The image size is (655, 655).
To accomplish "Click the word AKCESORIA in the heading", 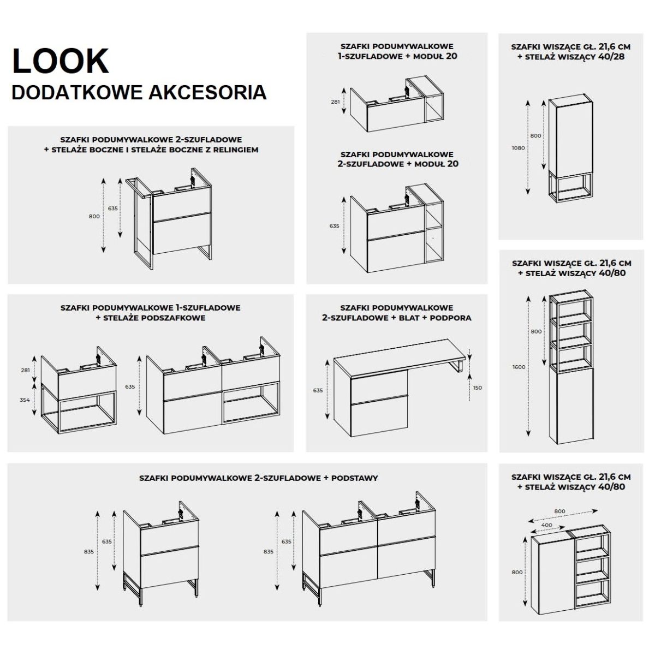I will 221,92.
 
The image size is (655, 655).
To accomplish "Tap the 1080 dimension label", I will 519,148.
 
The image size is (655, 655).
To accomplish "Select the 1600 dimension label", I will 519,367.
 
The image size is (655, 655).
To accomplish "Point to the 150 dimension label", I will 478,388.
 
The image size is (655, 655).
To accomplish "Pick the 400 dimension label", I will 546,525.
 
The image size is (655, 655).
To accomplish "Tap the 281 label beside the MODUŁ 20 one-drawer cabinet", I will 335,102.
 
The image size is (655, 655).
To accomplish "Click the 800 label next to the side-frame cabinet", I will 94,216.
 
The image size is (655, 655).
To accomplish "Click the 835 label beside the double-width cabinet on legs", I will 268,552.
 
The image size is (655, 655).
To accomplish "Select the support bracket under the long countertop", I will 458,368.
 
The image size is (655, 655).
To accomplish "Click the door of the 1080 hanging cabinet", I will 570,136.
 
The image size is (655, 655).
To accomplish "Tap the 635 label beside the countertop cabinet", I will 318,390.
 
